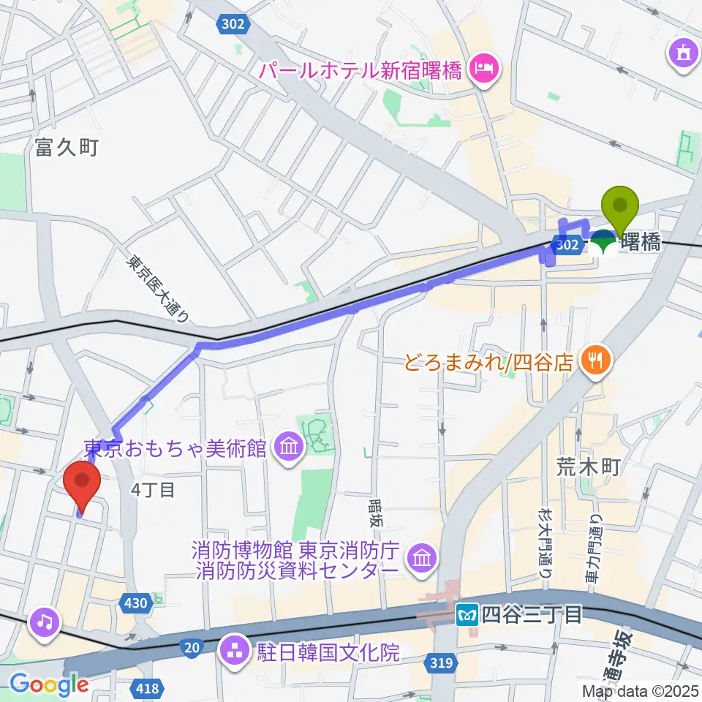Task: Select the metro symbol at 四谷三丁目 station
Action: click(465, 614)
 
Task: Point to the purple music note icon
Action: click(45, 622)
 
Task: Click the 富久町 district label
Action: click(66, 148)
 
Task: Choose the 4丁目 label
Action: click(153, 490)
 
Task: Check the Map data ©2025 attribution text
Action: click(639, 690)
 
